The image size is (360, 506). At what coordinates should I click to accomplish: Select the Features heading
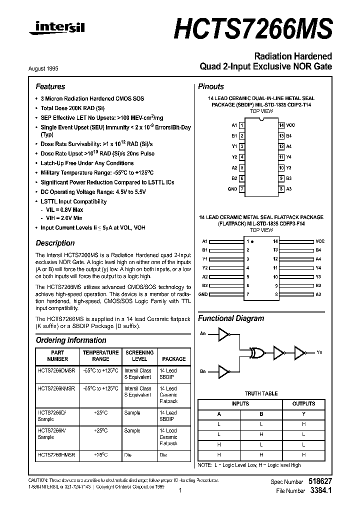[x=50, y=86]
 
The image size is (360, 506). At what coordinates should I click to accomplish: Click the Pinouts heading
[x=211, y=86]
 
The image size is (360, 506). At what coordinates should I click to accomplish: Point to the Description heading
[x=55, y=243]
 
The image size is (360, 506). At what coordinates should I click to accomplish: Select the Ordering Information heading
[x=71, y=340]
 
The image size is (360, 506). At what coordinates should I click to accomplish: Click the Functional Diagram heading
[x=231, y=318]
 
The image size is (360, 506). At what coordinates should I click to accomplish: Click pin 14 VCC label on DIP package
[x=290, y=125]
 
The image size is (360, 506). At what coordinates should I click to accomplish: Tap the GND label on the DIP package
[x=232, y=189]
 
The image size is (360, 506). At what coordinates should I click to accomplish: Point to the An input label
[x=202, y=333]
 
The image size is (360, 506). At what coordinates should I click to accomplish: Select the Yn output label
[x=319, y=352]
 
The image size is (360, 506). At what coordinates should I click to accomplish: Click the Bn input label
[x=202, y=371]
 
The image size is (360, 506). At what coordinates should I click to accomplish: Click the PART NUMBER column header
[x=57, y=355]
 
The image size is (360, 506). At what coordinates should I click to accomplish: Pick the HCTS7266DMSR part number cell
[x=56, y=371]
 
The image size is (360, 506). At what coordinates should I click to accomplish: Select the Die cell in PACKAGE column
[x=163, y=455]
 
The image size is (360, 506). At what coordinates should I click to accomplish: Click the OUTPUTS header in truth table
[x=303, y=403]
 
